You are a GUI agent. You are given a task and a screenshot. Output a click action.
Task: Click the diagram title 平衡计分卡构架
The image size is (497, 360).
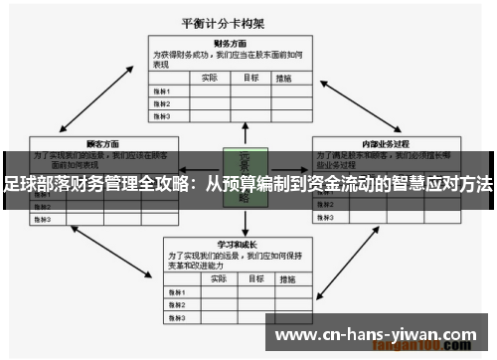[x=249, y=23]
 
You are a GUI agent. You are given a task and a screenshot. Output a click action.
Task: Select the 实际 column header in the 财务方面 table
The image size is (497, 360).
[x=210, y=77]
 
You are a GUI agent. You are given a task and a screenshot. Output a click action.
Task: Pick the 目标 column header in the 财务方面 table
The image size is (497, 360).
[x=251, y=77]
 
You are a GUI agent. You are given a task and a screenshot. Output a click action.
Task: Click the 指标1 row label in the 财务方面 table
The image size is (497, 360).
[x=162, y=90]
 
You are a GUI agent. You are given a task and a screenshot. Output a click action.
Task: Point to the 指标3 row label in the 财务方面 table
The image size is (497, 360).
[x=162, y=115]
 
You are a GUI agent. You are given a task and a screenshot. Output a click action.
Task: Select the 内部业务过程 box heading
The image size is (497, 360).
[x=387, y=144]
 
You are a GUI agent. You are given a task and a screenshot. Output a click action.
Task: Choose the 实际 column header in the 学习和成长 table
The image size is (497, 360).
[x=210, y=277]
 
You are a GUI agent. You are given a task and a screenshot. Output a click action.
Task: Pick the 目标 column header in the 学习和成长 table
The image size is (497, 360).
[x=251, y=277]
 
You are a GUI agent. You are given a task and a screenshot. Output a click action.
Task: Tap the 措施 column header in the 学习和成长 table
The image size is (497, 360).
[x=288, y=277]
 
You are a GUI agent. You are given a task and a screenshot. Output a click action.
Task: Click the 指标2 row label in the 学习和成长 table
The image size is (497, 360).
[x=177, y=303]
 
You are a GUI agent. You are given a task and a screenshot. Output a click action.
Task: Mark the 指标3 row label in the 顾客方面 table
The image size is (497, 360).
[x=44, y=218]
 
